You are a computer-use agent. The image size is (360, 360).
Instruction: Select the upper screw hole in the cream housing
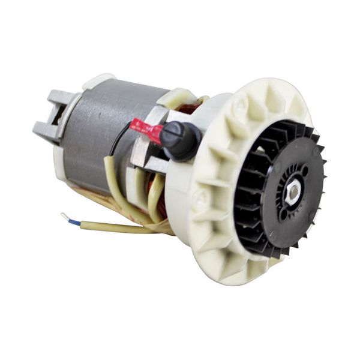241,106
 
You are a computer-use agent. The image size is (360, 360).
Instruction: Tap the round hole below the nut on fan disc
283,213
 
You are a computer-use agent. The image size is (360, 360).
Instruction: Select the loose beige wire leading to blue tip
114,227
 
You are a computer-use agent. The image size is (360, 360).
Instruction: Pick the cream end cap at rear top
99,80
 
